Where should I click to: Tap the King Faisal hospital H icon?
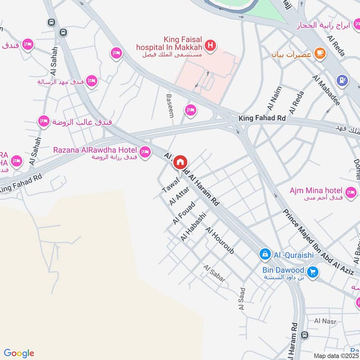point(209,45)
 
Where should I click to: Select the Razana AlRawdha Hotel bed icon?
point(145,153)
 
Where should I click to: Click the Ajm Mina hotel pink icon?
point(351,193)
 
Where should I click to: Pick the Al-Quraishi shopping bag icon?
point(265,255)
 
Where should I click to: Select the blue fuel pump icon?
point(342,81)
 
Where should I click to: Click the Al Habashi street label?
point(193,227)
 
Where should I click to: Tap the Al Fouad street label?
point(183,213)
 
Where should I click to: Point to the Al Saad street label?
point(242,299)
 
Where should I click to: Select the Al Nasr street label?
point(323,321)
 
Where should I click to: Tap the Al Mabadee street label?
point(326,90)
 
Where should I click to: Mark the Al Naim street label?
point(274,98)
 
